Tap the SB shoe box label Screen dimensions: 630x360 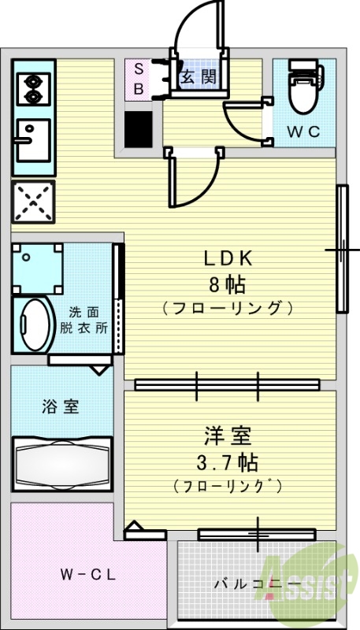(137, 78)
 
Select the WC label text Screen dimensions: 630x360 (302, 132)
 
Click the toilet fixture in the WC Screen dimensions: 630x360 (302, 87)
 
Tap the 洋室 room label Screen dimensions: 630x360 (228, 435)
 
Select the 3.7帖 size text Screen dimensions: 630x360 (228, 460)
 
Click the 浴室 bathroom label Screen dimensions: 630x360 (60, 407)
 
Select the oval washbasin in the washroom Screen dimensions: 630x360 (33, 325)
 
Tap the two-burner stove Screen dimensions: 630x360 (33, 88)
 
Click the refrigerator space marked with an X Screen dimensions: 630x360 (32, 201)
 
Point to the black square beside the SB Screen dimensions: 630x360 (138, 128)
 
